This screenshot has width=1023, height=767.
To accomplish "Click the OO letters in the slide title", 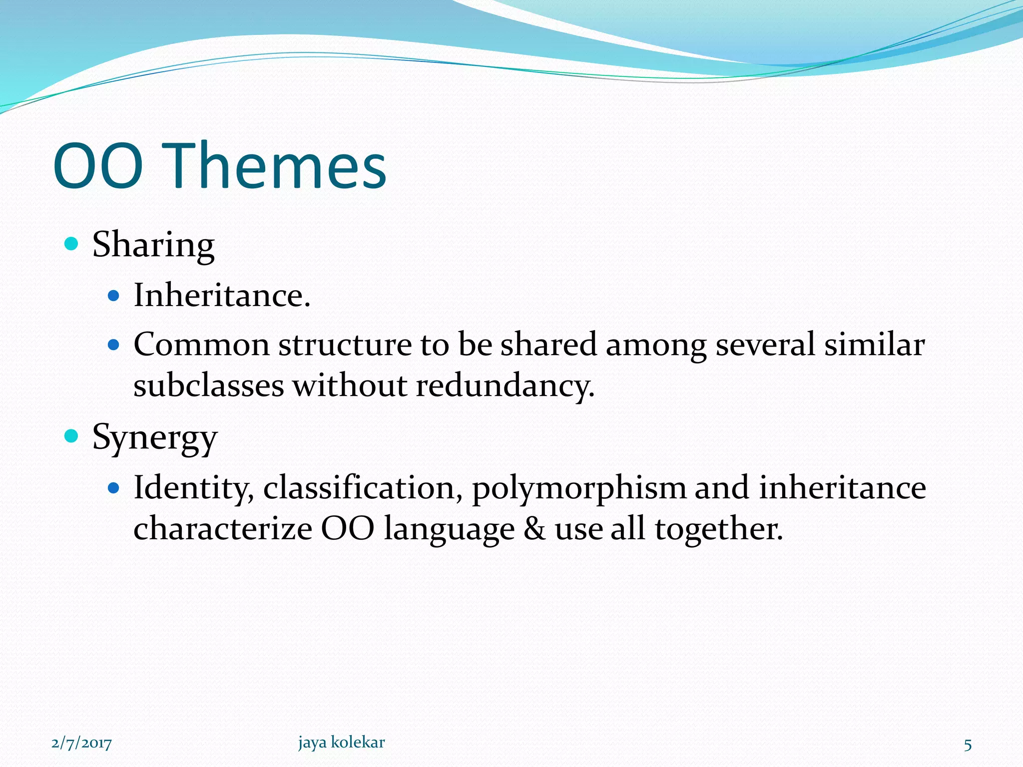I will click(98, 166).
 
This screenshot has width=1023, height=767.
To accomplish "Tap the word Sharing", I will click(153, 245).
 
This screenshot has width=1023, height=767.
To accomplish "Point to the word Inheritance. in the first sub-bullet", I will click(222, 295).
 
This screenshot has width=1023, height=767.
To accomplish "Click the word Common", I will click(201, 345).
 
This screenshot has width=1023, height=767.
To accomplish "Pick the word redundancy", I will click(505, 386).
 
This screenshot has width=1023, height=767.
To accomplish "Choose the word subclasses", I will click(208, 386).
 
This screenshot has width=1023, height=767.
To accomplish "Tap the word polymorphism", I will click(578, 488).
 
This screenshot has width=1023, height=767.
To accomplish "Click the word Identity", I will click(194, 488).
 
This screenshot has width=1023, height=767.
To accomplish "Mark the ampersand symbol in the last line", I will click(534, 529).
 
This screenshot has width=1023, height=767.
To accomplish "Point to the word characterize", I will click(223, 529).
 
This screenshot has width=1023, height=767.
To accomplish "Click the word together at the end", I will click(718, 529).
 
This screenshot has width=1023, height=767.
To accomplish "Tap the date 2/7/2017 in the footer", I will click(81, 744).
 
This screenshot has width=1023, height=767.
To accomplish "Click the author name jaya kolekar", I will click(342, 742).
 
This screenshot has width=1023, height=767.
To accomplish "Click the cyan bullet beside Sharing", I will click(72, 244).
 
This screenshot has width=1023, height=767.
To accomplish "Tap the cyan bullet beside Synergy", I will click(72, 436).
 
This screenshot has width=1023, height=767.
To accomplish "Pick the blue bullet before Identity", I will click(114, 487).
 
